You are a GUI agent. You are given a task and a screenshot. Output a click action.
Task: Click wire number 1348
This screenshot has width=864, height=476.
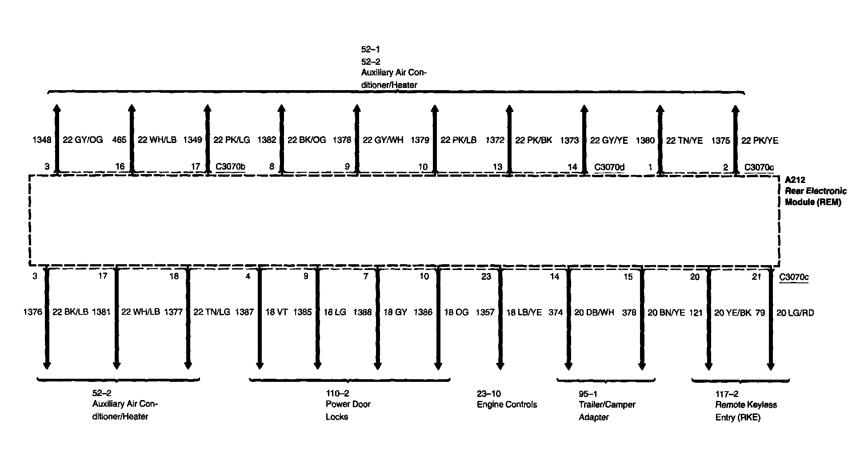[x=42, y=140]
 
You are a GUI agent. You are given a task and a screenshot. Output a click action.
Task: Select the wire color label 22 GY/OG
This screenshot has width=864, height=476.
[x=83, y=140]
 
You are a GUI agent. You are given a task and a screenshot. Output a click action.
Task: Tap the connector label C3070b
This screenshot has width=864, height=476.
[x=230, y=167]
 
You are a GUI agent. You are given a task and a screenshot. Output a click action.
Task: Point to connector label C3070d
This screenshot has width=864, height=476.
[x=609, y=167]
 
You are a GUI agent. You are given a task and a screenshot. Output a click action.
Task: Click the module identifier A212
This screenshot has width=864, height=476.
[x=795, y=180]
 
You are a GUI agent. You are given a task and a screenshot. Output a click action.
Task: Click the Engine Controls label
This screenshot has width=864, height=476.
[x=507, y=405]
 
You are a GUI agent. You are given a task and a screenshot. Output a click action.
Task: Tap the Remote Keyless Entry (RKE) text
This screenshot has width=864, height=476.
[x=745, y=411]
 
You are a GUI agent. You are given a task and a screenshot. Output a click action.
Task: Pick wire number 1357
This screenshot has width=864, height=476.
[x=485, y=313]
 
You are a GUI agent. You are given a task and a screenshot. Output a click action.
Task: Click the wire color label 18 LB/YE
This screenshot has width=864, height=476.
[x=524, y=313]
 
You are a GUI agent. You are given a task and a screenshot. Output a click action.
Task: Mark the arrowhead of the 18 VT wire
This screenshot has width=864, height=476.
[x=260, y=365]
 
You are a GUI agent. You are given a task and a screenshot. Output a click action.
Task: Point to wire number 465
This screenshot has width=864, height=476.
[x=119, y=140]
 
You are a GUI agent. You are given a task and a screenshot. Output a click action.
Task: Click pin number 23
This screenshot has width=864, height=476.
[x=486, y=277]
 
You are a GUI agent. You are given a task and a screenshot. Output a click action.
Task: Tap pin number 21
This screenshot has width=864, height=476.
[x=756, y=277]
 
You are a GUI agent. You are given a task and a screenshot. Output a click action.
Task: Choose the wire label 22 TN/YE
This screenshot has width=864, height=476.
[x=684, y=141]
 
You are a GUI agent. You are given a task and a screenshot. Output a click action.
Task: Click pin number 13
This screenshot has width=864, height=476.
[x=497, y=167]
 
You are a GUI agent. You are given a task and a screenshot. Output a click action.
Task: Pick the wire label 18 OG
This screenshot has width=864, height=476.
[x=456, y=313]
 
